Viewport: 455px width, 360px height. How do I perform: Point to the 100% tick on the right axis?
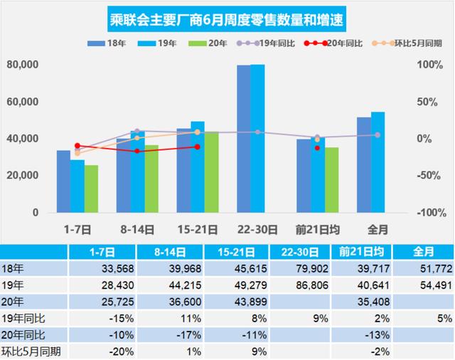[429, 65]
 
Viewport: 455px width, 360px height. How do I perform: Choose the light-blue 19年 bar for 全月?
[378, 162]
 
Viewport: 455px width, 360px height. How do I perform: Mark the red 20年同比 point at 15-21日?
[197, 147]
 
